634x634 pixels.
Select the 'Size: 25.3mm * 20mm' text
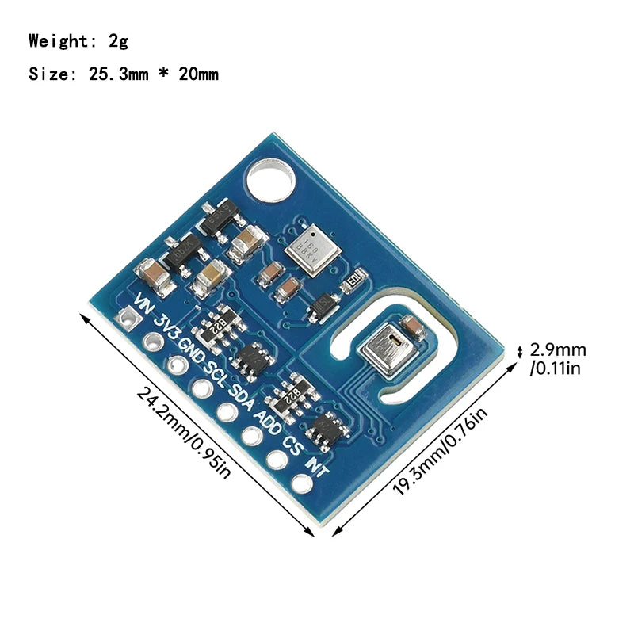(123, 74)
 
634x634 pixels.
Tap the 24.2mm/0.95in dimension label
(183, 431)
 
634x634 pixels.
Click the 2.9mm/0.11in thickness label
(558, 359)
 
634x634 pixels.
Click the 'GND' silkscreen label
(192, 349)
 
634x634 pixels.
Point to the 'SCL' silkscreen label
(216, 371)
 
